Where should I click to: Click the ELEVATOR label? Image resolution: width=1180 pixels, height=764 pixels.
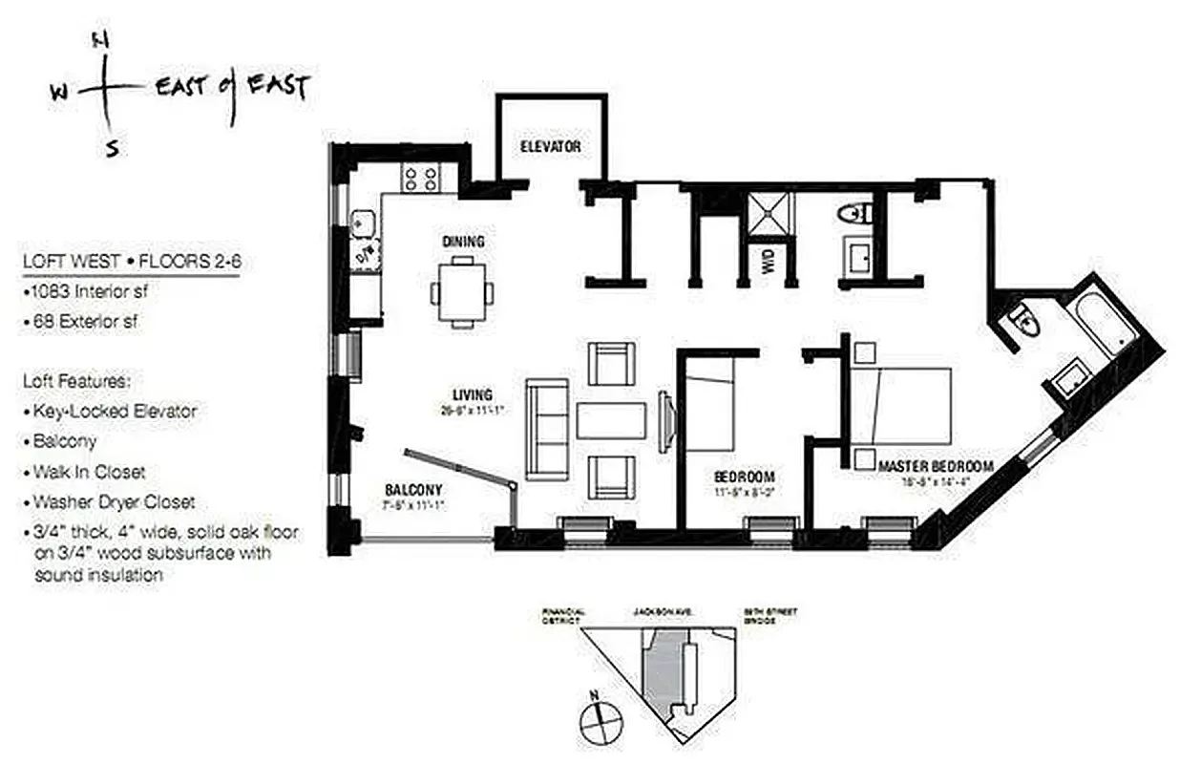(550, 147)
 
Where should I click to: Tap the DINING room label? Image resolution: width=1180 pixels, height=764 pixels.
(463, 242)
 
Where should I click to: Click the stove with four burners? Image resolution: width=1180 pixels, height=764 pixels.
(421, 177)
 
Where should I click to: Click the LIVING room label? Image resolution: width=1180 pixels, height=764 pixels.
(473, 394)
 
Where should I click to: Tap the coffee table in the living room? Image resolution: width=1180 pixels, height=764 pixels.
(611, 420)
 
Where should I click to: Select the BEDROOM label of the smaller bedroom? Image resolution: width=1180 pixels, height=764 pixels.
(744, 477)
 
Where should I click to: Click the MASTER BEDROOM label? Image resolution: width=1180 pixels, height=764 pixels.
(936, 466)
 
